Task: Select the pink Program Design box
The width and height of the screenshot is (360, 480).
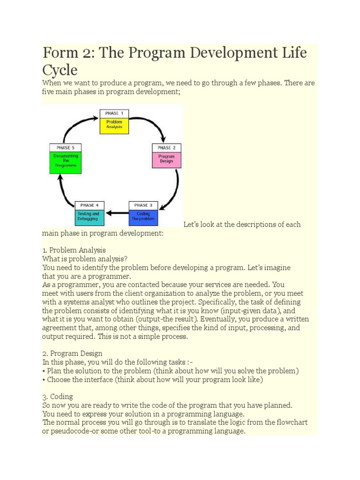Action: pyautogui.click(x=166, y=159)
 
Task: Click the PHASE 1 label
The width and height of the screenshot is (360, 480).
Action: pyautogui.click(x=114, y=113)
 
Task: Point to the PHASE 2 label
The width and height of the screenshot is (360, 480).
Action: pyautogui.click(x=166, y=148)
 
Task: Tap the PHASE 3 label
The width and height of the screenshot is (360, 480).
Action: pyautogui.click(x=143, y=205)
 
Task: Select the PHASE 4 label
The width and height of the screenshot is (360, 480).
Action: pyautogui.click(x=90, y=205)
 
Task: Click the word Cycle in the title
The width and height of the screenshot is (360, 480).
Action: pyautogui.click(x=60, y=70)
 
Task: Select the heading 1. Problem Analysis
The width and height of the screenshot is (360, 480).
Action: pyautogui.click(x=74, y=250)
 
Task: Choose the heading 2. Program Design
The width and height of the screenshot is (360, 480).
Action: pyautogui.click(x=72, y=353)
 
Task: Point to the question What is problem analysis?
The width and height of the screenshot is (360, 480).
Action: pyautogui.click(x=85, y=259)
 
